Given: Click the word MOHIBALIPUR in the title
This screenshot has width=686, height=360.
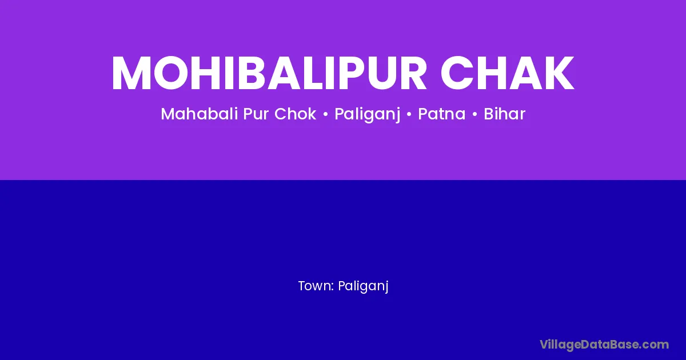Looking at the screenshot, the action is [269, 73].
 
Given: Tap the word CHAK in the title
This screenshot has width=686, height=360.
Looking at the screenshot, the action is [507, 73].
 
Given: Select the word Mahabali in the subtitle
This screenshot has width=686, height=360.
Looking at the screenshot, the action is [200, 114].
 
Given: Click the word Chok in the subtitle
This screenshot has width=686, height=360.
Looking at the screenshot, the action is [295, 114].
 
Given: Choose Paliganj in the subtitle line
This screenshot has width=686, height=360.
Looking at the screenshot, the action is [367, 115].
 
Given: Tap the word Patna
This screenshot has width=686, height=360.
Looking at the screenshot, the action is [441, 114].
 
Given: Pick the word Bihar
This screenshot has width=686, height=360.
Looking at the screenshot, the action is [504, 114].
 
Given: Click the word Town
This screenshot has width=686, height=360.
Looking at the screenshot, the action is [314, 286].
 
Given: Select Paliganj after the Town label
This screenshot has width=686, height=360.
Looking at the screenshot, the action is [363, 287].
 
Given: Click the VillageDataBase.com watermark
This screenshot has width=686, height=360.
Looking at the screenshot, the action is [604, 345].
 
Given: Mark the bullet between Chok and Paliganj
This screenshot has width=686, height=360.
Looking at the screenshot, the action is [325, 114].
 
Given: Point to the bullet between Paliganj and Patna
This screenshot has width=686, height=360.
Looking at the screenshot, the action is [409, 114].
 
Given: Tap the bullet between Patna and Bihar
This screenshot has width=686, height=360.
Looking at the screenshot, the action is [474, 114].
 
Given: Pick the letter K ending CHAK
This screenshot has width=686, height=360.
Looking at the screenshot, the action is [559, 73].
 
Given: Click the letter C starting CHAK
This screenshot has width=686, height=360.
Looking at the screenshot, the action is [456, 73].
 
